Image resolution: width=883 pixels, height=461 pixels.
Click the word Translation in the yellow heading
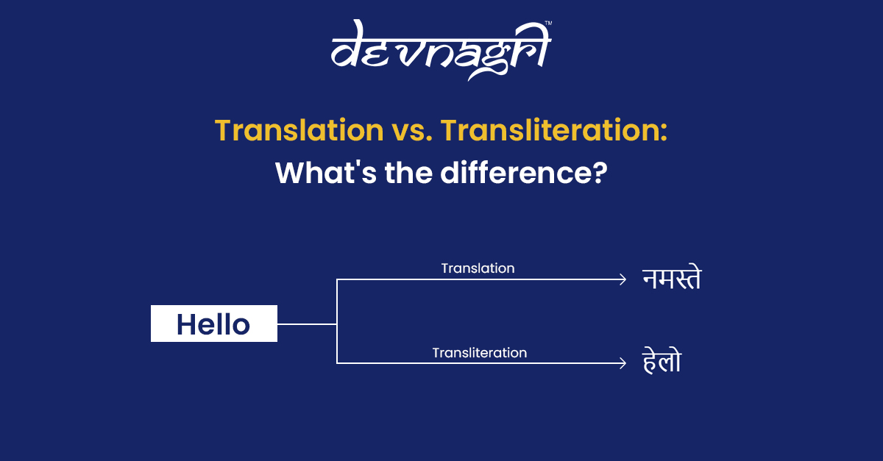click(295, 131)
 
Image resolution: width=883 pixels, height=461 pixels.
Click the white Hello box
click(214, 324)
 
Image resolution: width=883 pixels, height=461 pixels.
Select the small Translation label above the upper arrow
click(478, 268)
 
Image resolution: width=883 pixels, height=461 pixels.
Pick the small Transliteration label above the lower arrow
click(479, 353)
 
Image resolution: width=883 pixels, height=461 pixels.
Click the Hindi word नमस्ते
click(671, 280)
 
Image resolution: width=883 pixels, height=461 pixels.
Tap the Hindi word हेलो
click(661, 361)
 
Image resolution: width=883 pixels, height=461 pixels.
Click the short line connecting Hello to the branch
click(307, 324)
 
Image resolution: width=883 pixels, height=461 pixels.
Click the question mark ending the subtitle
click(600, 173)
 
